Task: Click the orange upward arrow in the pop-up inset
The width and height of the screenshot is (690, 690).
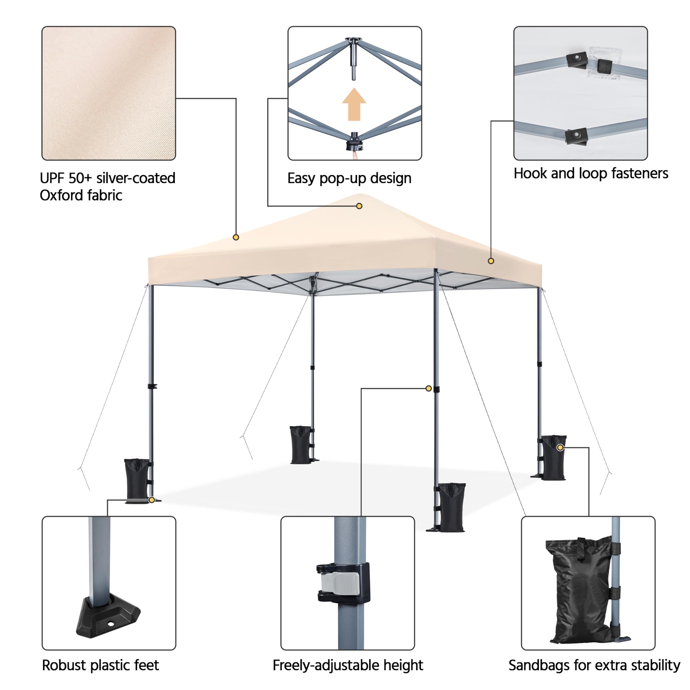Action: coord(354,105)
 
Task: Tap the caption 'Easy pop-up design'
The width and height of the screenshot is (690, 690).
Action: coord(349,178)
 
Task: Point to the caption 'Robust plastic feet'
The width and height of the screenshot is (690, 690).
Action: coord(100,665)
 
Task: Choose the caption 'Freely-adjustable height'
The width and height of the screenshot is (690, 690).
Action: coord(347,665)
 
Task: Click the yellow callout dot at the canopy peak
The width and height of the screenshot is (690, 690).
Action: coord(359,206)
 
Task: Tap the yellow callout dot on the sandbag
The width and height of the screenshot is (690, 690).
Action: coord(560,447)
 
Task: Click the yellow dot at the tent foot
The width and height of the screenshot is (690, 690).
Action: coord(152,500)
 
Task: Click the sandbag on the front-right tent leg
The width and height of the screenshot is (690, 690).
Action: coord(451,507)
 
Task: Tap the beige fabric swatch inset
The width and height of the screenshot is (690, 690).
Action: coord(109,93)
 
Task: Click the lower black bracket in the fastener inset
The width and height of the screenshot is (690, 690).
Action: coord(576,136)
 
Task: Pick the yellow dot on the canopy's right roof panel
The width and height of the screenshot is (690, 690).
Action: coord(491,261)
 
